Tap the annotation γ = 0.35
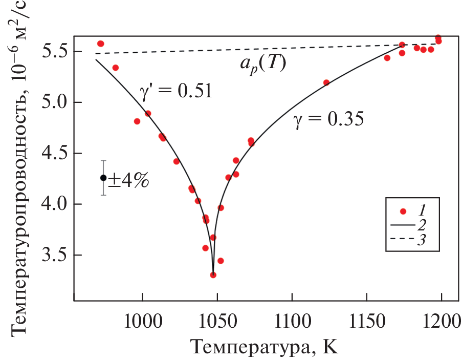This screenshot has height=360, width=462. click(328, 120)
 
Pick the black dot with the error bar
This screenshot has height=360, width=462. click(103, 178)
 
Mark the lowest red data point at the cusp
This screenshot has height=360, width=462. click(213, 275)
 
